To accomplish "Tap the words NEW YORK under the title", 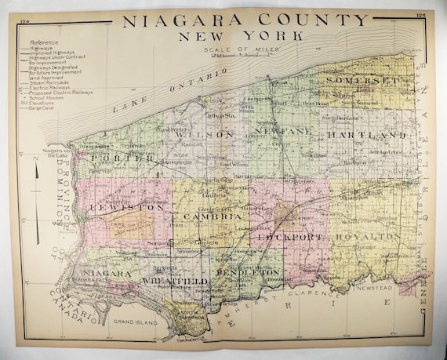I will click(x=231, y=35).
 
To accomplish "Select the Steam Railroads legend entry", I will click(x=48, y=83).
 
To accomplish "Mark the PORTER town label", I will click(x=125, y=158).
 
